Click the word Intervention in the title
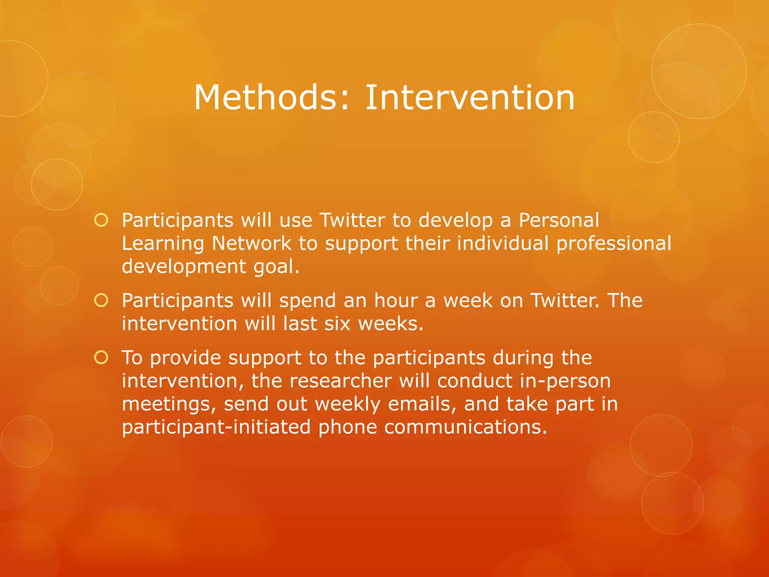[470, 98]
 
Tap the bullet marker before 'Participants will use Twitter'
[101, 220]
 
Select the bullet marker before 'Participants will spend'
[101, 301]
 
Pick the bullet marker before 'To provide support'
[101, 358]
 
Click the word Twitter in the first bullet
[352, 220]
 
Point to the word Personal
[559, 220]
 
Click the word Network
[252, 243]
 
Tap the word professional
[614, 244]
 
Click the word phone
[347, 427]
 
